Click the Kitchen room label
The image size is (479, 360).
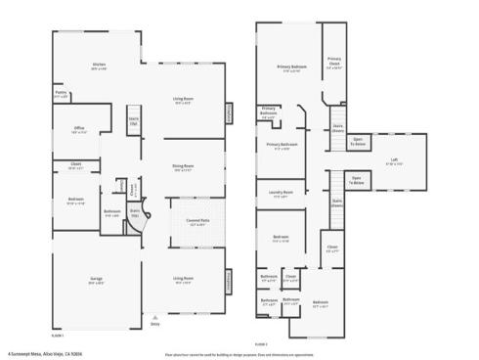(x=99, y=67)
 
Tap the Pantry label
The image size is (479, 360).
(x=61, y=95)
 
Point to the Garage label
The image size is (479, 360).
(x=97, y=281)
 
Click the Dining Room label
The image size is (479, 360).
(x=183, y=168)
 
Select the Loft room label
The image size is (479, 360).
(x=394, y=162)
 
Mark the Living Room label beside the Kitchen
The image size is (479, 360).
(x=183, y=99)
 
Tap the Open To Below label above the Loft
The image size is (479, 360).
(x=358, y=140)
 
